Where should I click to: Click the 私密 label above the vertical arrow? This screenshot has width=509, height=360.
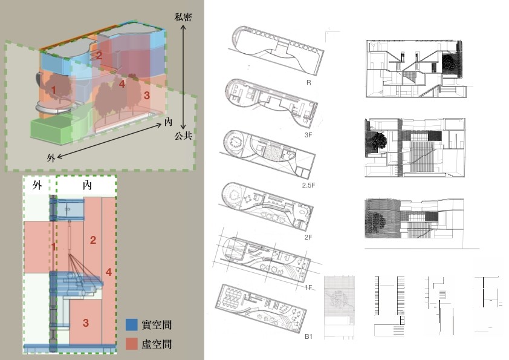183,17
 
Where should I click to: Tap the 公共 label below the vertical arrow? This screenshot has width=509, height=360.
183,136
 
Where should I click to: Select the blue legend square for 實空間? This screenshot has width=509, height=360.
132,324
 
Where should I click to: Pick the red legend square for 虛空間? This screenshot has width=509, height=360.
132,344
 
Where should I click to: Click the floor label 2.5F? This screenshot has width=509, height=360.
308,185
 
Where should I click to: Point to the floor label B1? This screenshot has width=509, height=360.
308,336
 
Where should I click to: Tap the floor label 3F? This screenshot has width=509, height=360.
308,135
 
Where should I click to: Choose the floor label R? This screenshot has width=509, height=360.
308,82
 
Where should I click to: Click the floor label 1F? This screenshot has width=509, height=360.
308,287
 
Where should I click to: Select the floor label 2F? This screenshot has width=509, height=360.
308,237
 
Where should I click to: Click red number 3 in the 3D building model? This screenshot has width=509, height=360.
147,96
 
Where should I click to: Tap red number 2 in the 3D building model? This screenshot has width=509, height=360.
99,55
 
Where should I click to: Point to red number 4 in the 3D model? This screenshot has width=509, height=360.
122,84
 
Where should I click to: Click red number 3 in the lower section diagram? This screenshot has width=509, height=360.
86,322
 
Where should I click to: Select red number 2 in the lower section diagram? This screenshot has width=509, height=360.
93,240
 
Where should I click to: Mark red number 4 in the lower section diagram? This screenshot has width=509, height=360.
109,272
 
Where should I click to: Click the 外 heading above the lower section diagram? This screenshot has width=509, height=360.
37,185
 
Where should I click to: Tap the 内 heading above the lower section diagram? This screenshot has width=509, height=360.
87,185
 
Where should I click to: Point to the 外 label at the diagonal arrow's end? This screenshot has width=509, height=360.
51,159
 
